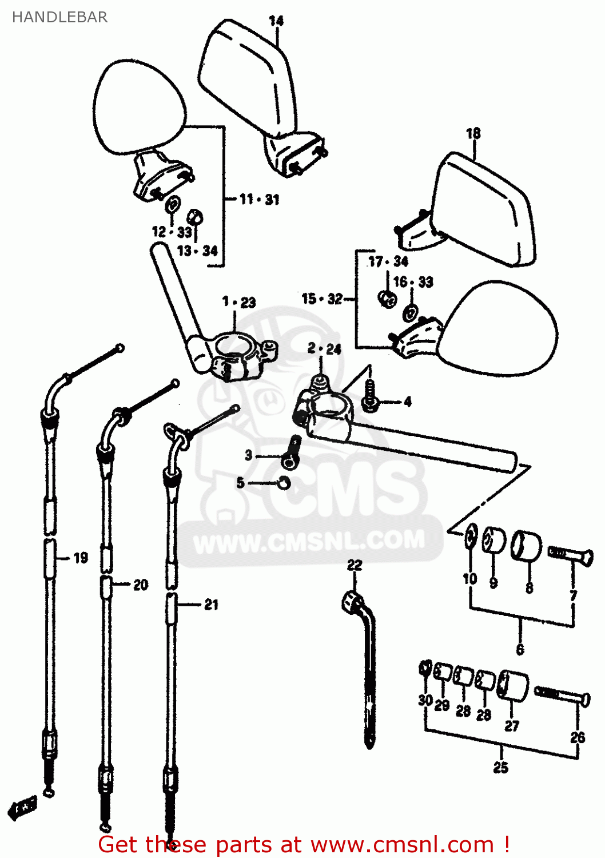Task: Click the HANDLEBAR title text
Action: pos(59,17)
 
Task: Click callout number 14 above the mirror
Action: pos(276,21)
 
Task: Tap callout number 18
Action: pos(473,133)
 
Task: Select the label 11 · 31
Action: pos(259,199)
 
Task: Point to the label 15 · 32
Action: pos(322,299)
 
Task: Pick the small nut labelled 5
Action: pos(282,483)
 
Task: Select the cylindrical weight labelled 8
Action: pos(526,546)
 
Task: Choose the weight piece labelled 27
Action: pos(512,685)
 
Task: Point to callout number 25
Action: pos(500,768)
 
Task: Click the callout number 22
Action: pos(355,565)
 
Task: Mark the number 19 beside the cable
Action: pos(81,558)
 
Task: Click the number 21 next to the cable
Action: pos(211,605)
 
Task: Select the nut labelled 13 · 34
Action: pos(196,217)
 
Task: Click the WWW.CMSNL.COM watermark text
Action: pos(309,541)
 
